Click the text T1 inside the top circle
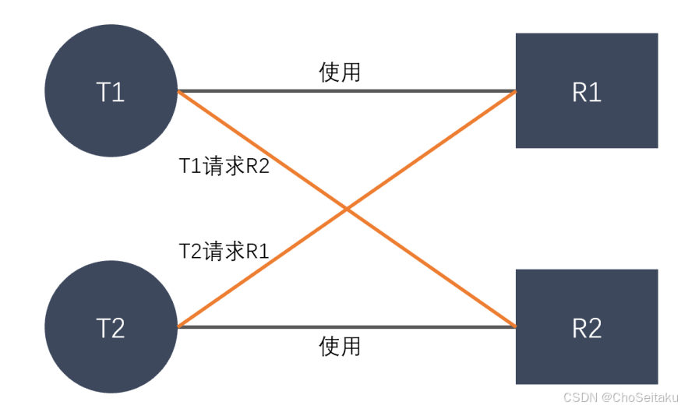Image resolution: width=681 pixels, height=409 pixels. pos(111,92)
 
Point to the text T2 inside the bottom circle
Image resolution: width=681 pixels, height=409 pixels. pos(111,328)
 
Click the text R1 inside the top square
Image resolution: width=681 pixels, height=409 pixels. pos(587,92)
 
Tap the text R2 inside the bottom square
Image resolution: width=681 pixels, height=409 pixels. pos(587,328)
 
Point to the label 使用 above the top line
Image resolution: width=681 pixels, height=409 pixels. pos(340,72)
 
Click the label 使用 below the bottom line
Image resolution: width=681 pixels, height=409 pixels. pos(340,345)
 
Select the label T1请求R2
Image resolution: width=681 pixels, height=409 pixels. pos(224,166)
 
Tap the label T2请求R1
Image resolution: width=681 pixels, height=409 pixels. pos(224,251)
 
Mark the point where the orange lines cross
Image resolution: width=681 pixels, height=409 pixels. pos(347,209)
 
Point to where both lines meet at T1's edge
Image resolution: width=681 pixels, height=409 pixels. pos(178,91)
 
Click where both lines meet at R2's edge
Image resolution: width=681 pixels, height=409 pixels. pos(515,326)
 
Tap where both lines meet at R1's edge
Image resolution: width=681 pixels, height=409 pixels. pos(515,91)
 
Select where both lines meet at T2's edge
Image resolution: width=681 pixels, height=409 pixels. pos(178,326)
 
